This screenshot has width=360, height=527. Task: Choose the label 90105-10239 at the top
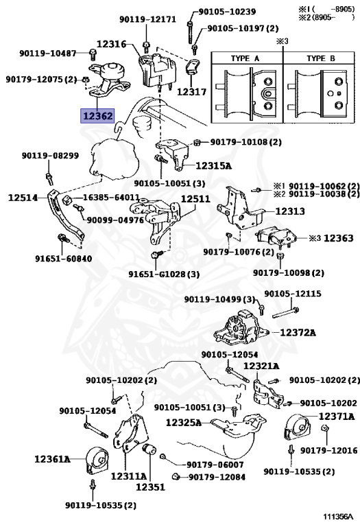227,12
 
